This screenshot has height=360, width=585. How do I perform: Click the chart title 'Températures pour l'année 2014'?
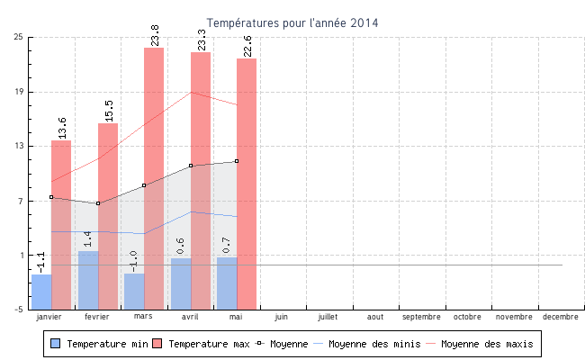[292, 22]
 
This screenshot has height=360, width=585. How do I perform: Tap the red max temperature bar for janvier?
[61, 225]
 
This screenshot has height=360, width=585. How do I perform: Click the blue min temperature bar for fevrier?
[88, 280]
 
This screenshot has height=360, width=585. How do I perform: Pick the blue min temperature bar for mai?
[227, 283]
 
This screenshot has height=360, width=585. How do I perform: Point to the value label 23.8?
[155, 35]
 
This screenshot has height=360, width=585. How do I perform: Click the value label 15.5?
[109, 111]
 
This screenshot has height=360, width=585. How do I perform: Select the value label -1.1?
[41, 262]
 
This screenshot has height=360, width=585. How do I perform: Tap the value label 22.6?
[247, 46]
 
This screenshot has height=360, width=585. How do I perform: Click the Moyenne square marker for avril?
[191, 166]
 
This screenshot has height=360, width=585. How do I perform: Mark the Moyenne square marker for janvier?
[51, 197]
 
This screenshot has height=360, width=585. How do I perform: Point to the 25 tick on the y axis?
[19, 37]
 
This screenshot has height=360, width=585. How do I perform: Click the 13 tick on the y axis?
[19, 146]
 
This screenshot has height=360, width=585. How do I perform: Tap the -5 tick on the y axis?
[19, 310]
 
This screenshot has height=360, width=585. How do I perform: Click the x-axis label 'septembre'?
[421, 317]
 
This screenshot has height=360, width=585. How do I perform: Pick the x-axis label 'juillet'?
[328, 317]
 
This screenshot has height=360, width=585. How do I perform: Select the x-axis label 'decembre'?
[560, 317]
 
